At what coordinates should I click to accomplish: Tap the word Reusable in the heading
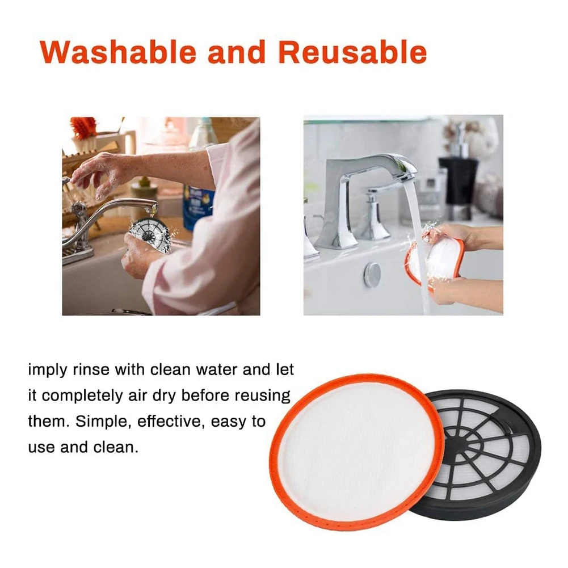click(352, 53)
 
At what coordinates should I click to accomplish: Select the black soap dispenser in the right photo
click(458, 182)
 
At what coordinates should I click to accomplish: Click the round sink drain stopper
click(372, 274)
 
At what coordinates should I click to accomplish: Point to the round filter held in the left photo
click(151, 233)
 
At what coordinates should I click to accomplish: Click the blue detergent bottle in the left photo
click(198, 204)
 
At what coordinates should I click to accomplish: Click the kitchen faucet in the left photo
click(96, 221)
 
